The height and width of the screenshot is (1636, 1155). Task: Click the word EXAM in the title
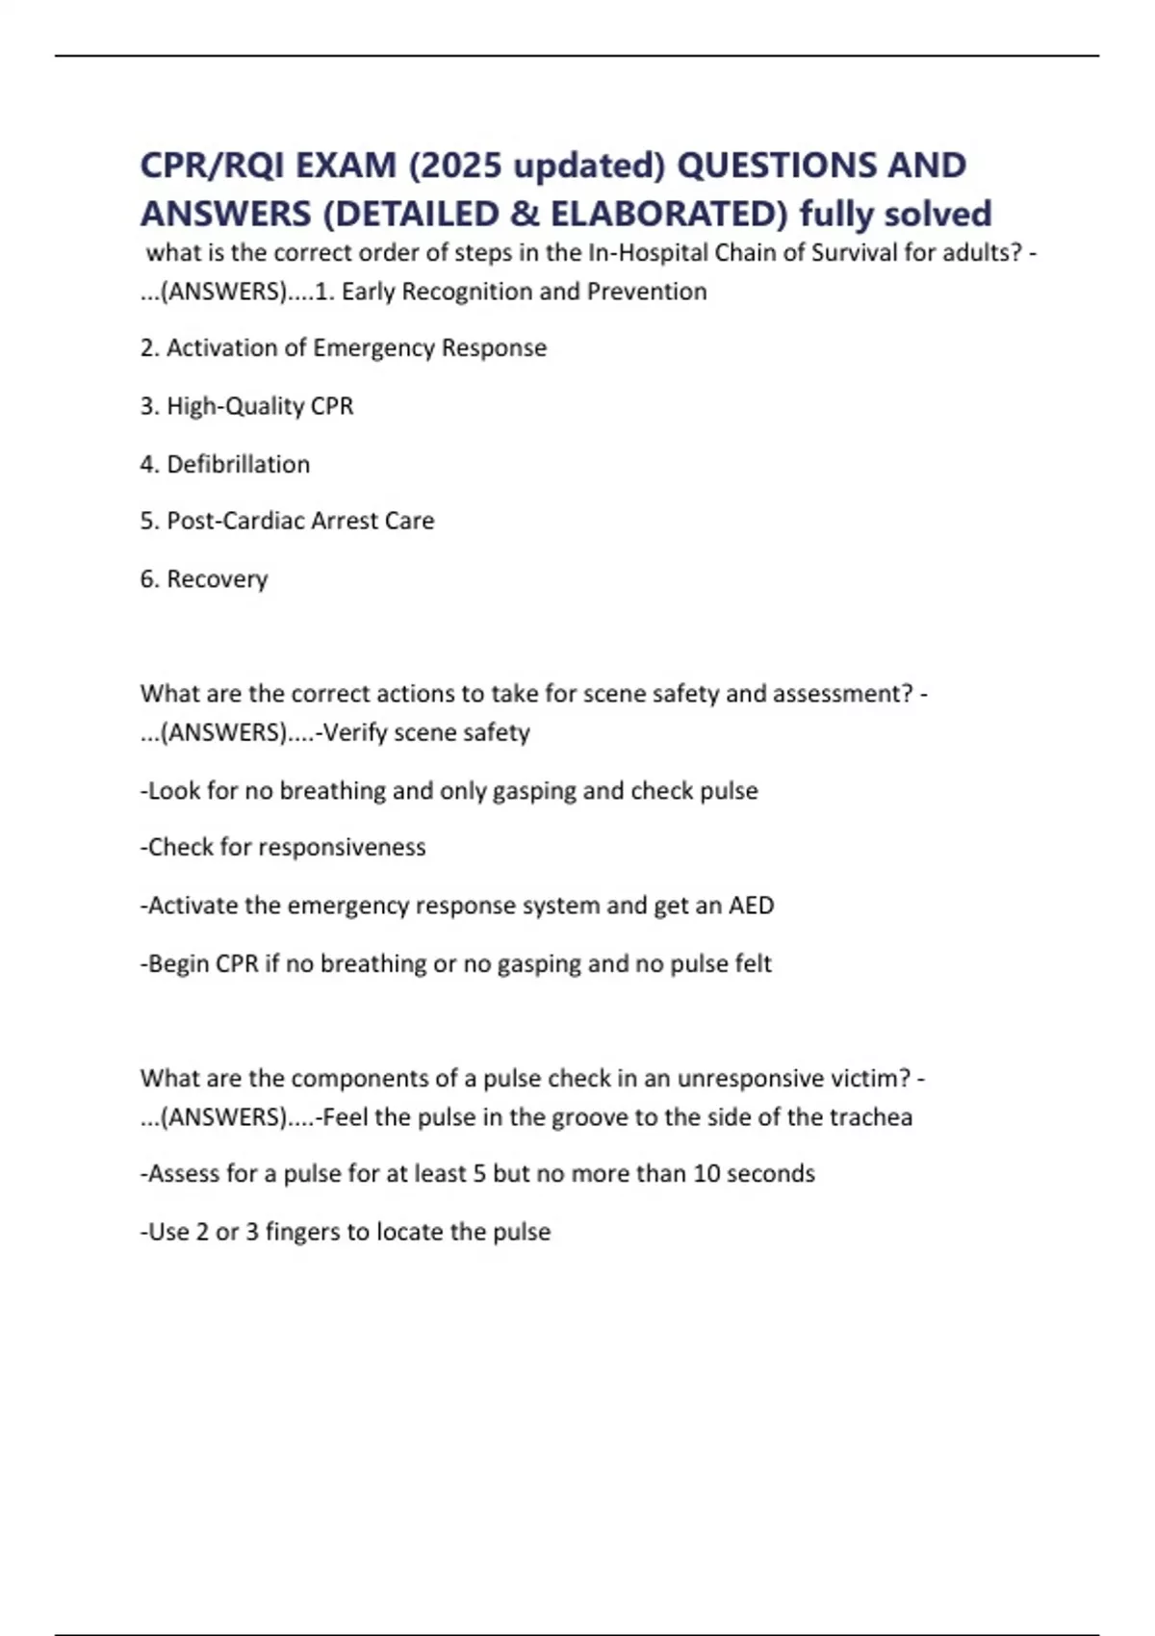(x=346, y=166)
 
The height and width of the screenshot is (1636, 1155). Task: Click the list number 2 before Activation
(x=147, y=348)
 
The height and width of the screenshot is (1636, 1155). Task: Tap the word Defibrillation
(x=238, y=465)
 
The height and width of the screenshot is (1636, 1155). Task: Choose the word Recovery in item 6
(x=217, y=579)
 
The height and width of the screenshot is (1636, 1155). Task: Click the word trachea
(x=872, y=1117)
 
